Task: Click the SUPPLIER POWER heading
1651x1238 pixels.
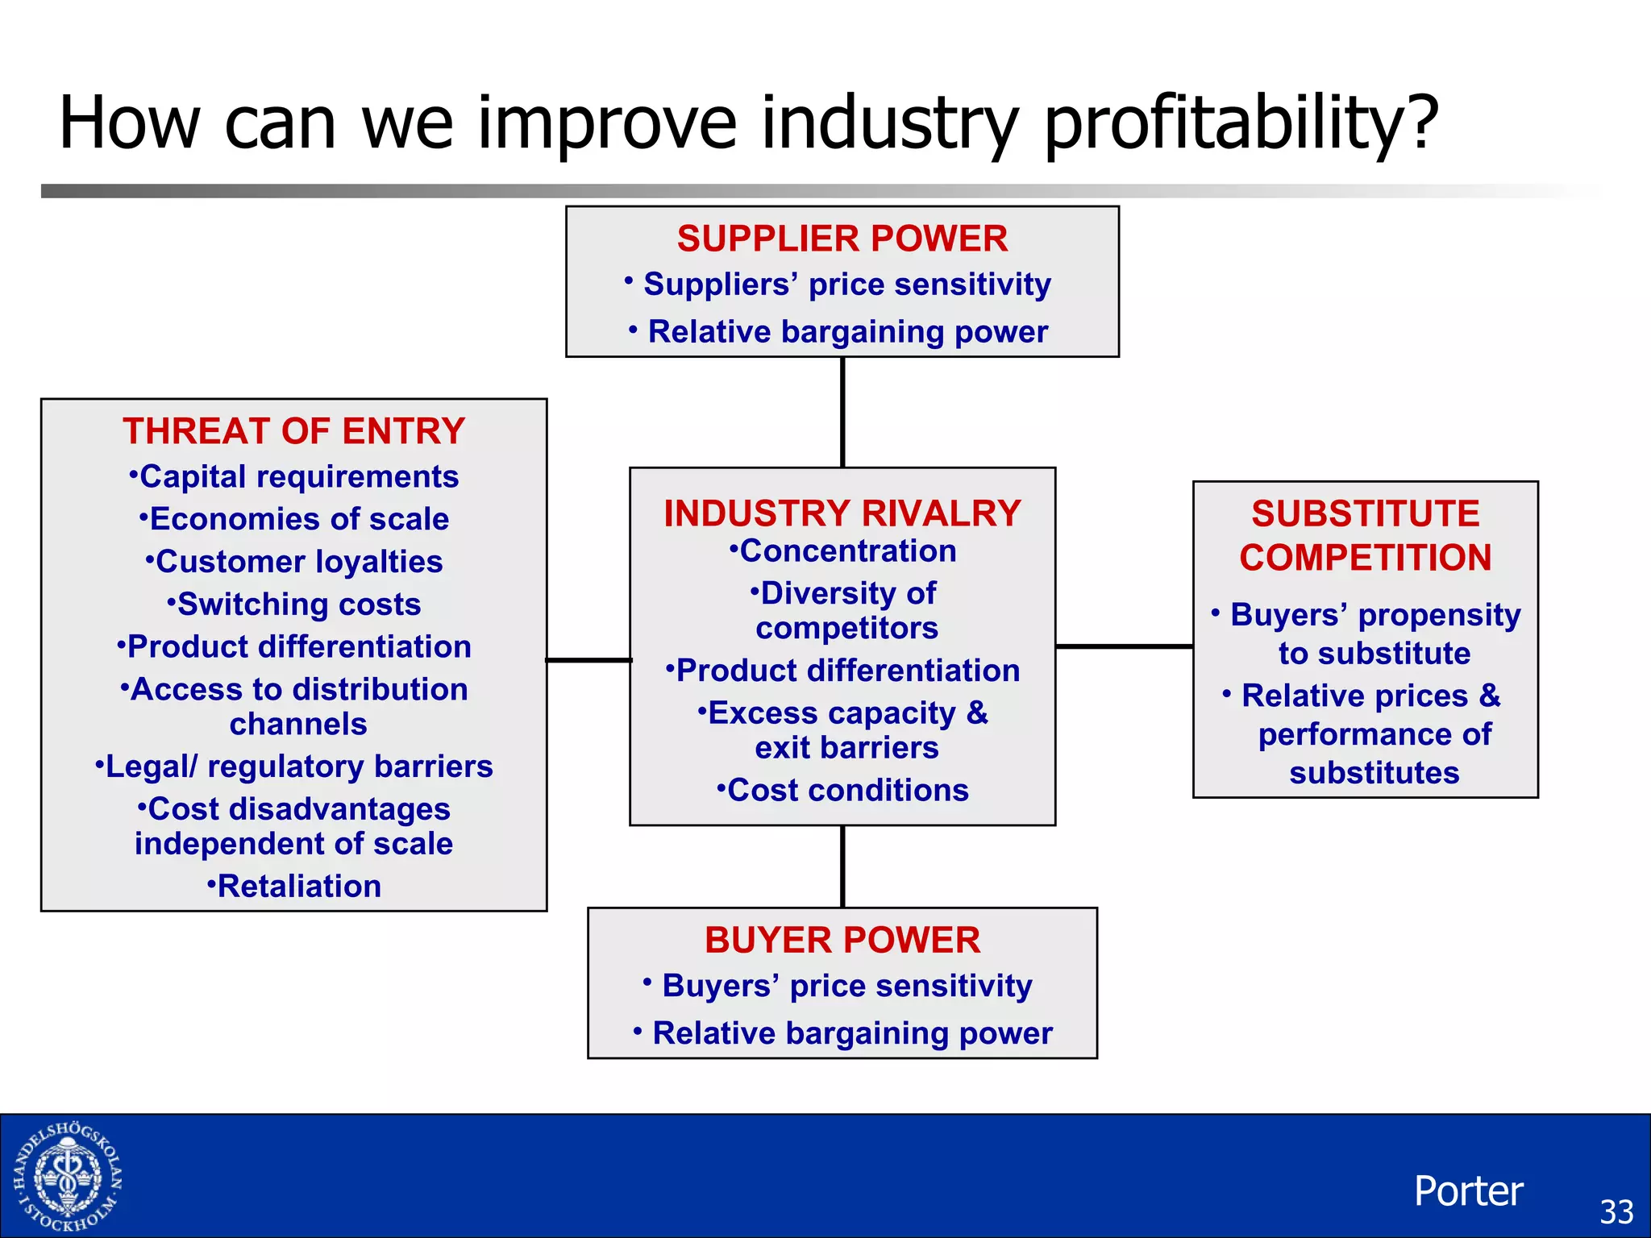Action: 842,239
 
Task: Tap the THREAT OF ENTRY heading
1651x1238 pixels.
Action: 293,431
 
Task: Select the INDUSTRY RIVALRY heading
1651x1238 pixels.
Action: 842,513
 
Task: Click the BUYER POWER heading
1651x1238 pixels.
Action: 842,940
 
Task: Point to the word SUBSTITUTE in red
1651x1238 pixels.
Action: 1365,513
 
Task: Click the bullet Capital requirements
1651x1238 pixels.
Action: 293,477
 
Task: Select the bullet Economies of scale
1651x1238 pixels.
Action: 293,519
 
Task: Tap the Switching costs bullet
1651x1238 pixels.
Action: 293,604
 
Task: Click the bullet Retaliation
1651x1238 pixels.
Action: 293,887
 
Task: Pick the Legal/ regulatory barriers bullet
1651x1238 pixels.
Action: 293,766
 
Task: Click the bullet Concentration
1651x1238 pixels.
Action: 842,551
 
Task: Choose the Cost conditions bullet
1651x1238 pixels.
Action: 842,791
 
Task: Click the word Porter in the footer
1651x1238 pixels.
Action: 1468,1191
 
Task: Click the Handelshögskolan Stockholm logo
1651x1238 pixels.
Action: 68,1177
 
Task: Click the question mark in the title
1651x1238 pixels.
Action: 1420,123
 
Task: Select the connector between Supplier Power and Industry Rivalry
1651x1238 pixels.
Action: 842,412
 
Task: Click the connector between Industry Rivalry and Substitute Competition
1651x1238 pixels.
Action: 1124,646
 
